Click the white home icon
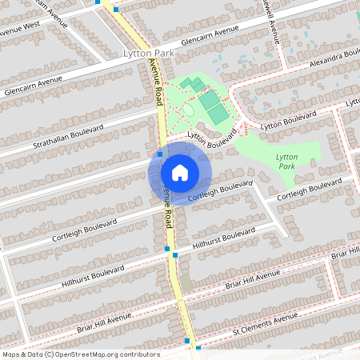[x=180, y=172]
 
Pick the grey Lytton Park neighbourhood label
[x=148, y=53]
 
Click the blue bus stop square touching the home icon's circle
[x=160, y=154]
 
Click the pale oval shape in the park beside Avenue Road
[x=189, y=110]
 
